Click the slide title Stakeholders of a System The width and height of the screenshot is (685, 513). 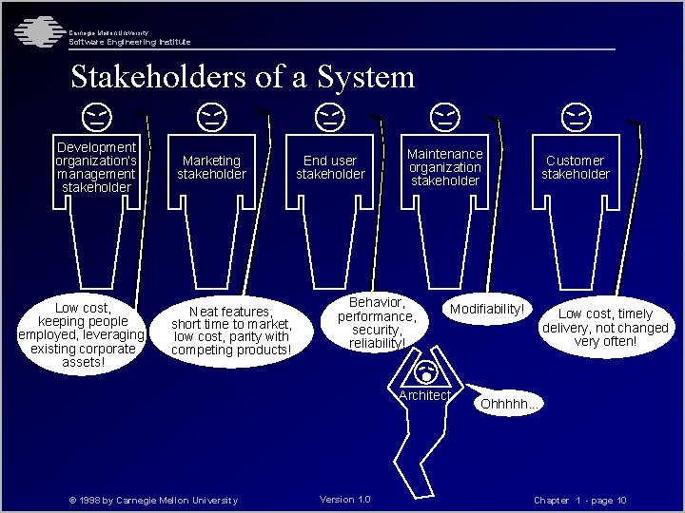point(243,77)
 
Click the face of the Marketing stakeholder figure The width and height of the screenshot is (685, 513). point(212,118)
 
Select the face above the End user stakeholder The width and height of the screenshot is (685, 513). point(330,118)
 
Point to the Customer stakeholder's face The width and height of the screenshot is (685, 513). point(576,118)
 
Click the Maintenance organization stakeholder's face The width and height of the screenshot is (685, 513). point(444,118)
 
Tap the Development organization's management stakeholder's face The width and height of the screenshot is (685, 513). point(95,118)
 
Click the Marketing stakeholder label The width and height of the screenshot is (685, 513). point(211,167)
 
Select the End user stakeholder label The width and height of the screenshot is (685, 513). point(330,167)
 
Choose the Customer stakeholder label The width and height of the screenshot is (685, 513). point(576,167)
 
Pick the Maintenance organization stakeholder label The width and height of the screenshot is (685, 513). point(444,167)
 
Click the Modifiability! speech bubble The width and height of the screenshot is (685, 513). point(487,310)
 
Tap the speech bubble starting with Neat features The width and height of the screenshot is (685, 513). point(230,331)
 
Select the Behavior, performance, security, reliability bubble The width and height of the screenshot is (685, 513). point(377,322)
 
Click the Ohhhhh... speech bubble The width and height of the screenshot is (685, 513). point(509,404)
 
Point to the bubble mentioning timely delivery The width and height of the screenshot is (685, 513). point(605,327)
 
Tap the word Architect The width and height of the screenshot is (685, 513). point(424,395)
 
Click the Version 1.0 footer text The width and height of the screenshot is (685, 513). point(345,500)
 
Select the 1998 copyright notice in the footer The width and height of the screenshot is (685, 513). point(153,501)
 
